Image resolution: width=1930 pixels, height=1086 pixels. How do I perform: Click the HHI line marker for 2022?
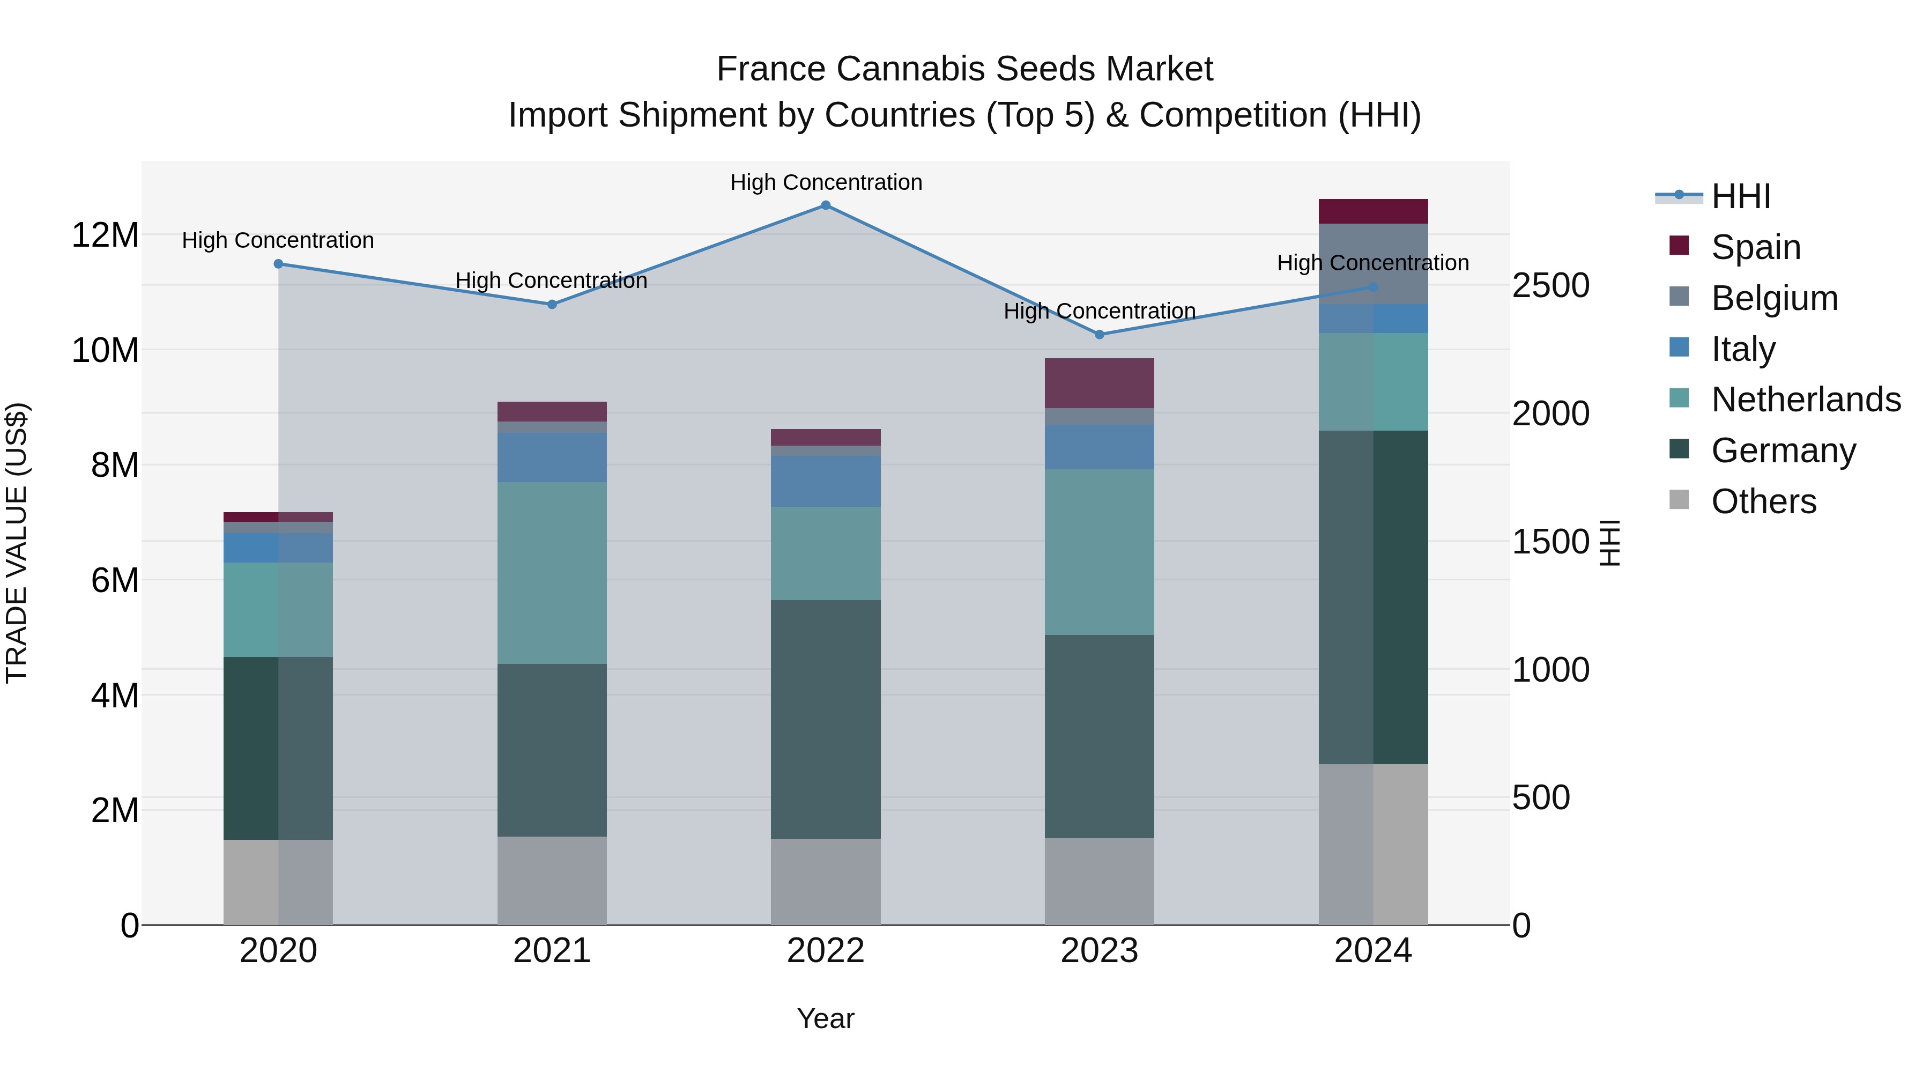point(826,205)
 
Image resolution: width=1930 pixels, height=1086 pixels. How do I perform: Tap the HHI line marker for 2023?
point(1099,334)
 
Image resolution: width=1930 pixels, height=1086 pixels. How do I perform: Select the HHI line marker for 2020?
point(278,264)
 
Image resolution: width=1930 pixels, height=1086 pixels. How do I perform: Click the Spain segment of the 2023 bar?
point(1099,383)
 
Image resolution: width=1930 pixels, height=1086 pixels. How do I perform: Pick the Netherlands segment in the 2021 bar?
point(552,573)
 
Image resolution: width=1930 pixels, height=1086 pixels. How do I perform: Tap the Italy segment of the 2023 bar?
point(1099,447)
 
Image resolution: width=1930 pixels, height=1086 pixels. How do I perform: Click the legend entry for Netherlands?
point(1806,400)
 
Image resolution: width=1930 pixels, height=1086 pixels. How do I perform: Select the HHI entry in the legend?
point(1740,196)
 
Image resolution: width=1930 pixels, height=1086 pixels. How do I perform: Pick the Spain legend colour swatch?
point(1679,246)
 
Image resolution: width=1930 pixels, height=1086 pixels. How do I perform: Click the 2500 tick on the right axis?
point(1550,285)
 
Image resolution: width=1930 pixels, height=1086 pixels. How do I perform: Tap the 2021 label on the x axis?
point(552,951)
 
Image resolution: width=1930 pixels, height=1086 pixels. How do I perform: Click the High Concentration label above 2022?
point(826,182)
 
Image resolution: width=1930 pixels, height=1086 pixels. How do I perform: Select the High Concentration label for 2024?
point(1372,263)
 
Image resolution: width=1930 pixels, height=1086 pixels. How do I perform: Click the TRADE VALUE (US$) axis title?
point(17,543)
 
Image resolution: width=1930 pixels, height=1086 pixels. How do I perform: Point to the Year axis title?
point(826,1018)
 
